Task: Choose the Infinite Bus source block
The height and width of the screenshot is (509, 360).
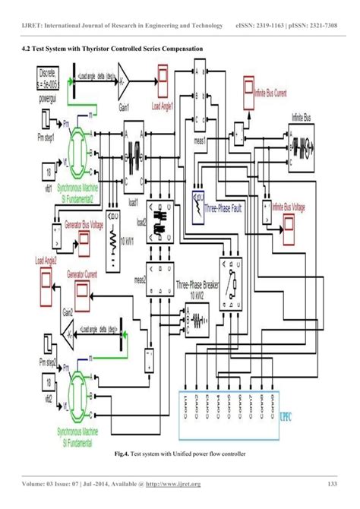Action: pyautogui.click(x=303, y=144)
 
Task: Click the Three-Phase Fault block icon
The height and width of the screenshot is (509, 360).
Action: pyautogui.click(x=201, y=202)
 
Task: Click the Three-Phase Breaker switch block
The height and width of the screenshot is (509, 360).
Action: pyautogui.click(x=227, y=282)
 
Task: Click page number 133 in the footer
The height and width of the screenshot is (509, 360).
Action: pyautogui.click(x=331, y=485)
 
